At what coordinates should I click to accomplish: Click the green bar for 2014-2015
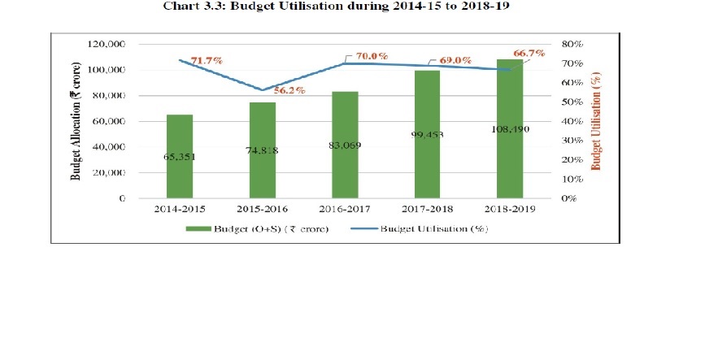tap(180, 157)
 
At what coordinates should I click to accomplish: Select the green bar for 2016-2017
tap(345, 145)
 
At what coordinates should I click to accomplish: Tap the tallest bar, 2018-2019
tap(510, 129)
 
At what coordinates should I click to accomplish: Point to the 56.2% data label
tap(289, 90)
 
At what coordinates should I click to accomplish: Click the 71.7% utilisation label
tap(207, 60)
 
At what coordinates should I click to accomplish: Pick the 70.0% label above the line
tap(372, 56)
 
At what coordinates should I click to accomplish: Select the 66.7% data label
tap(529, 53)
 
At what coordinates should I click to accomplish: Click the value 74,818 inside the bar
tap(262, 150)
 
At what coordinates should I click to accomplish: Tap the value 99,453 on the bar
tap(427, 135)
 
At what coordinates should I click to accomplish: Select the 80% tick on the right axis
tap(572, 44)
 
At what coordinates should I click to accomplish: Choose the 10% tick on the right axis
tap(572, 179)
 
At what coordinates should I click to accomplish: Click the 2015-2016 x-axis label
tap(262, 209)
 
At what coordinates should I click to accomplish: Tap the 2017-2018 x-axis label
tap(427, 209)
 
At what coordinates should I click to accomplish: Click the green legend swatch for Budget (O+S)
tap(198, 228)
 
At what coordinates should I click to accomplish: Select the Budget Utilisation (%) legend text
tap(434, 228)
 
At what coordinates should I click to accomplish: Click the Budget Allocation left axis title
tap(76, 121)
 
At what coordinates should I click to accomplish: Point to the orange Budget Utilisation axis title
tap(596, 121)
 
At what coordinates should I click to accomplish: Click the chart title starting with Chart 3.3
tap(336, 7)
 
